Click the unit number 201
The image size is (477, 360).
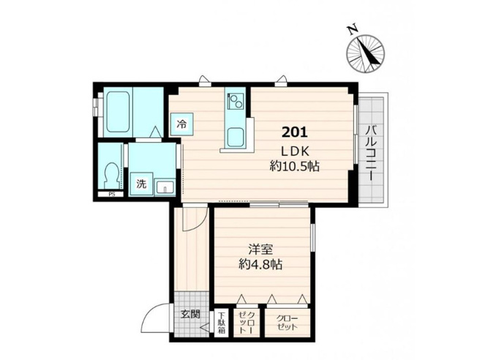coord(295,132)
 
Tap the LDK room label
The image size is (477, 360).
coord(295,151)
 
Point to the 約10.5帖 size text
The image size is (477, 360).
coord(294,166)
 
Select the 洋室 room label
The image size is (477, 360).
coord(260,250)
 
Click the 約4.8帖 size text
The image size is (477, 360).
coord(260,265)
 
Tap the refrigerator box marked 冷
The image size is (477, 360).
coord(182,124)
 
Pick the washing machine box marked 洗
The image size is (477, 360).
coord(141,184)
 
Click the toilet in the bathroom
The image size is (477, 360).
coord(111,176)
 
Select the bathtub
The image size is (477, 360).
coord(118,112)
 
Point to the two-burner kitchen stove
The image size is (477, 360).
coord(236,101)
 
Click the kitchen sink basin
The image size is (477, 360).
coord(236,137)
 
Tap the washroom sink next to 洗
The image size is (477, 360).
coord(165,187)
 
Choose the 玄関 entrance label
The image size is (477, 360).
coord(190,314)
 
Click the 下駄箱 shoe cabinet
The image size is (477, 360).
coord(221,323)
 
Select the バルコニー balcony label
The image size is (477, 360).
coord(370,153)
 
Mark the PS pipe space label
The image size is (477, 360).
coord(112,195)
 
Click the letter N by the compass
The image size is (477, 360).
coord(353,29)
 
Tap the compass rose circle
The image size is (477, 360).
coord(365,54)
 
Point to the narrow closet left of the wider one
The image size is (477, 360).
coord(247,323)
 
